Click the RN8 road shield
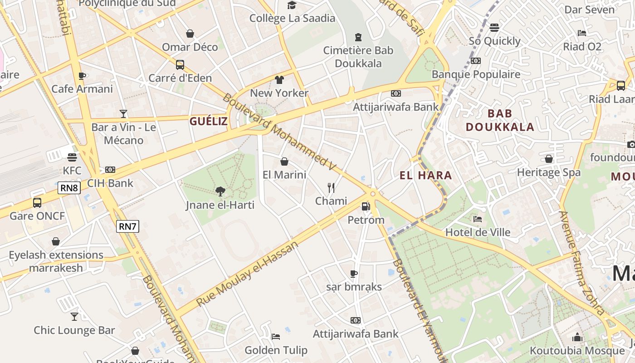69,187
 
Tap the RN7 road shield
127,226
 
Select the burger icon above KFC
72,157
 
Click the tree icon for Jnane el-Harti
220,191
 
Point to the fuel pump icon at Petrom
366,206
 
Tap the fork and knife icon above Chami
331,187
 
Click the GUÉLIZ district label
209,121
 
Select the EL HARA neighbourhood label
426,175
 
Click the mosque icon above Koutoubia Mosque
577,337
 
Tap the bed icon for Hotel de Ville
478,219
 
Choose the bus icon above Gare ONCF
37,202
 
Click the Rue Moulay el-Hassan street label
248,274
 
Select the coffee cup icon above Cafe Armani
82,75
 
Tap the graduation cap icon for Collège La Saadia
292,5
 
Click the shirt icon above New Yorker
279,80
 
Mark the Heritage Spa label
549,172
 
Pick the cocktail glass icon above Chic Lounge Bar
74,316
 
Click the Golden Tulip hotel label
276,350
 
